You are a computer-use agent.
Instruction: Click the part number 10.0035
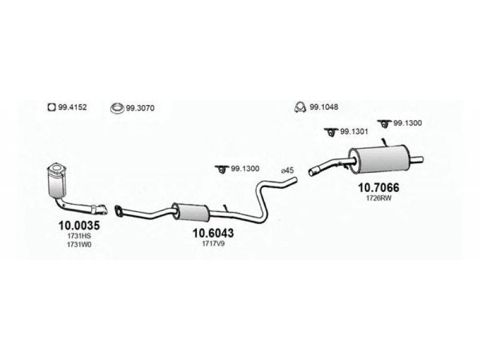[x=79, y=226]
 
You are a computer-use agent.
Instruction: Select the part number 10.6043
[x=213, y=233]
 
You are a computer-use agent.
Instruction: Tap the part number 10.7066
[x=379, y=188]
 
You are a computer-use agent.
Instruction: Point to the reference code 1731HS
[x=79, y=236]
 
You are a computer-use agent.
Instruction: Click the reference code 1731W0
[x=79, y=245]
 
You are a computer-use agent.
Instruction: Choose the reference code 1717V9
[x=213, y=244]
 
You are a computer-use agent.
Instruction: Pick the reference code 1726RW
[x=379, y=199]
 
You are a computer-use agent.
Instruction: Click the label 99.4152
[x=73, y=107]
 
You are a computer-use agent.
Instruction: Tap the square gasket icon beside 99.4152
[x=52, y=107]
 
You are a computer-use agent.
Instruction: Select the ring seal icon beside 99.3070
[x=118, y=108]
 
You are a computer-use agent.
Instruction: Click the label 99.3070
[x=140, y=108]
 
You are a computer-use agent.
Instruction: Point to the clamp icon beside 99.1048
[x=300, y=107]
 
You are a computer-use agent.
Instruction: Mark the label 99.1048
[x=324, y=107]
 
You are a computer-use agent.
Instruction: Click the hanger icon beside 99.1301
[x=331, y=132]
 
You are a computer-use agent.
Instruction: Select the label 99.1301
[x=354, y=131]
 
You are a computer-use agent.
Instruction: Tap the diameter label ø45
[x=287, y=170]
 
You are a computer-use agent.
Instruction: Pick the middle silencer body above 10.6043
[x=190, y=211]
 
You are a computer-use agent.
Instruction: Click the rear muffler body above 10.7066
[x=380, y=159]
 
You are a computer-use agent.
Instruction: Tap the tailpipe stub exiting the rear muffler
[x=416, y=160]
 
